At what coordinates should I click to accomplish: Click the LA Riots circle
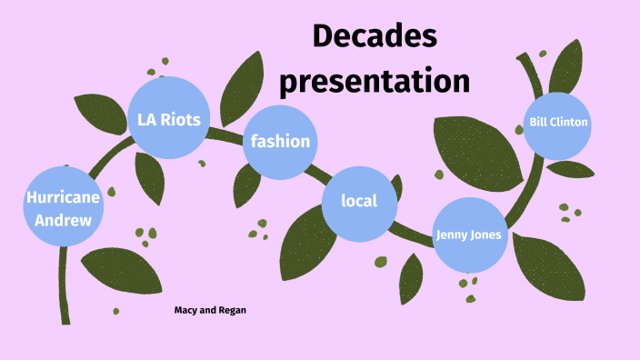(168, 118)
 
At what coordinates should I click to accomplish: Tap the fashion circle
(281, 141)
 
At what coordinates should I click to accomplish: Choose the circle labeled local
(359, 203)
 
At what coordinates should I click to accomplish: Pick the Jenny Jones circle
(468, 235)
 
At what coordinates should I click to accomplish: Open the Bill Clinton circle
(559, 122)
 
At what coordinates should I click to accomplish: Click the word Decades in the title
(375, 37)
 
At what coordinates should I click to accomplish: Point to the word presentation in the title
(375, 80)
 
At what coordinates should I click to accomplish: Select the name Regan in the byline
(232, 310)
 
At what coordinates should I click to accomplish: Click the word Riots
(193, 118)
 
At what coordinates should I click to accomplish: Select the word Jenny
(451, 235)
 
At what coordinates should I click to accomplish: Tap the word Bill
(540, 122)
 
